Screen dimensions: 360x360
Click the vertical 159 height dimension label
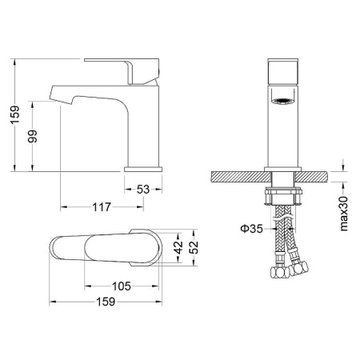point(15,114)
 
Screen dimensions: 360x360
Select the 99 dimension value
point(33,136)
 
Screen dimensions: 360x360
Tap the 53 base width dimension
point(143,190)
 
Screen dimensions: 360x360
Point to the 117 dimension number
point(102,207)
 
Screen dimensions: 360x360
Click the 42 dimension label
point(178,247)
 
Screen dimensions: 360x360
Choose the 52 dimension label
point(194,247)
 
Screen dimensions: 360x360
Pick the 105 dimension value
point(122,286)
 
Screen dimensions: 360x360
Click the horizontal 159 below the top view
point(106,302)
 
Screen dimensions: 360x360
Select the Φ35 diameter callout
point(251,229)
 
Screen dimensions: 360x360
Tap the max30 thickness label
point(344,214)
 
